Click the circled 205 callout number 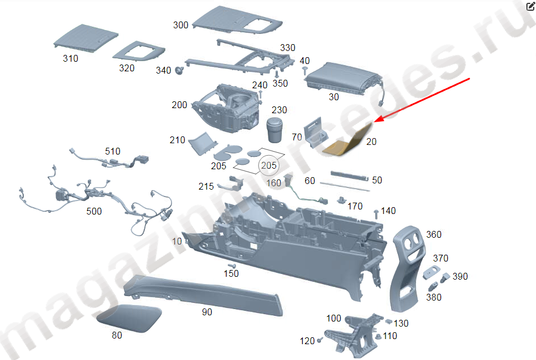(269, 165)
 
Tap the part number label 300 (181, 25)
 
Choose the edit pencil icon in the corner (529, 6)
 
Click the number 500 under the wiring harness (94, 211)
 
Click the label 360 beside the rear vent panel (434, 234)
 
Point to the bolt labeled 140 (376, 213)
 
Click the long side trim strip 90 (204, 294)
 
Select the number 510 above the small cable (113, 151)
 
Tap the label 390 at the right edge (460, 276)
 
